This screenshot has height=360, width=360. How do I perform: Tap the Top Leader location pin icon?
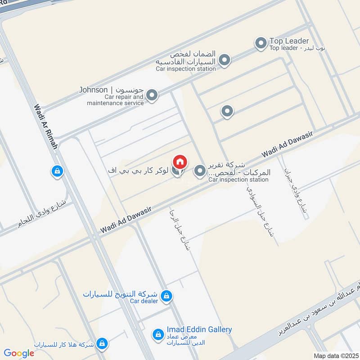pos(261,44)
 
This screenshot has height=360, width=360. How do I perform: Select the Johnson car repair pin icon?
pos(152,95)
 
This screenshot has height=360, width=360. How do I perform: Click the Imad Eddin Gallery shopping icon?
pos(157,334)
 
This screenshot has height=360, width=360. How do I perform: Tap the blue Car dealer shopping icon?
pos(166,296)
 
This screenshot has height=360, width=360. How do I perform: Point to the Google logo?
pos(19,353)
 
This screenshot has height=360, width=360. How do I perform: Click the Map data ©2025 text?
pos(335,355)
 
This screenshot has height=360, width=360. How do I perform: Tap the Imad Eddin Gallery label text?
pos(199,329)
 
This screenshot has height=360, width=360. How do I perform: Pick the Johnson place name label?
pos(94,90)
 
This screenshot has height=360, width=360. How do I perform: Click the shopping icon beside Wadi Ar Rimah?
pos(57,171)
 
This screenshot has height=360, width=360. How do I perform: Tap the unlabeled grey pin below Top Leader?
pos(227,111)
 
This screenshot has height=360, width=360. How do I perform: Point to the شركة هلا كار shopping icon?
pos(103,343)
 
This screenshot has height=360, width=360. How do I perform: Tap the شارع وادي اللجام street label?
pos(45,212)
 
